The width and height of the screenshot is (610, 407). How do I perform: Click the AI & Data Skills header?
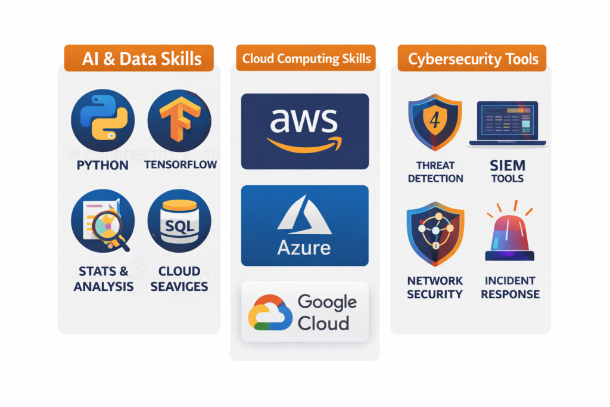click(x=138, y=58)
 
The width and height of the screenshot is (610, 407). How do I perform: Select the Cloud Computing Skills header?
click(x=306, y=58)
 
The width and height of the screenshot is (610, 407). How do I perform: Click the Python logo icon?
click(x=102, y=120)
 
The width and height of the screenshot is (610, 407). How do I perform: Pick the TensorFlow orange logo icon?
click(x=179, y=120)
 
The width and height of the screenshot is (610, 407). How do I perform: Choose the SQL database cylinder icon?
click(x=179, y=222)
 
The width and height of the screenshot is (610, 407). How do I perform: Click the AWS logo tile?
click(x=304, y=131)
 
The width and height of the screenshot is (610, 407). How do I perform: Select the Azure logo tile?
click(x=304, y=225)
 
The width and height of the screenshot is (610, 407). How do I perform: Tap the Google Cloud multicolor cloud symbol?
click(x=269, y=312)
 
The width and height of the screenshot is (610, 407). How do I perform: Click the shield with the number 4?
click(x=435, y=122)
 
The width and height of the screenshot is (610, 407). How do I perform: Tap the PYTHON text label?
click(x=103, y=164)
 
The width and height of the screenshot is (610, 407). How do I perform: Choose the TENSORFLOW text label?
click(x=180, y=164)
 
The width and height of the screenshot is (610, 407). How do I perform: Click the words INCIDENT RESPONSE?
click(x=510, y=287)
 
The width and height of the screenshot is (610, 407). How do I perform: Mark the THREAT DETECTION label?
click(x=435, y=172)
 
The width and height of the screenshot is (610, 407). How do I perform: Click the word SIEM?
click(x=508, y=164)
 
